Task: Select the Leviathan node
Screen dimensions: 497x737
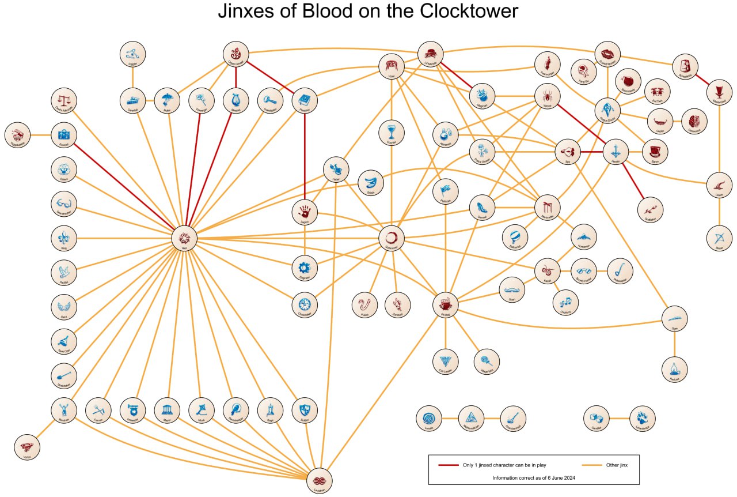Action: click(320, 479)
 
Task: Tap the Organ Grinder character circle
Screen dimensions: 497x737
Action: click(235, 54)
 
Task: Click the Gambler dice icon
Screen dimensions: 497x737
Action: click(597, 419)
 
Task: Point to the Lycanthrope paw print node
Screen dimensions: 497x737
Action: click(643, 419)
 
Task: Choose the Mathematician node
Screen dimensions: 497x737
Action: click(471, 419)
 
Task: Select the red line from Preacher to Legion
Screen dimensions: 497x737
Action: click(305, 156)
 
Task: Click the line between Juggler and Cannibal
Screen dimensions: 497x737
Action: click(133, 77)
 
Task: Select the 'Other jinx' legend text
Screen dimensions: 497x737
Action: click(621, 465)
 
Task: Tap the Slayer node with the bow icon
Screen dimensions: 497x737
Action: click(719, 238)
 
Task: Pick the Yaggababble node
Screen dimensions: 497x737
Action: click(17, 135)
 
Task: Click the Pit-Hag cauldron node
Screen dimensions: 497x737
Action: click(445, 304)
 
